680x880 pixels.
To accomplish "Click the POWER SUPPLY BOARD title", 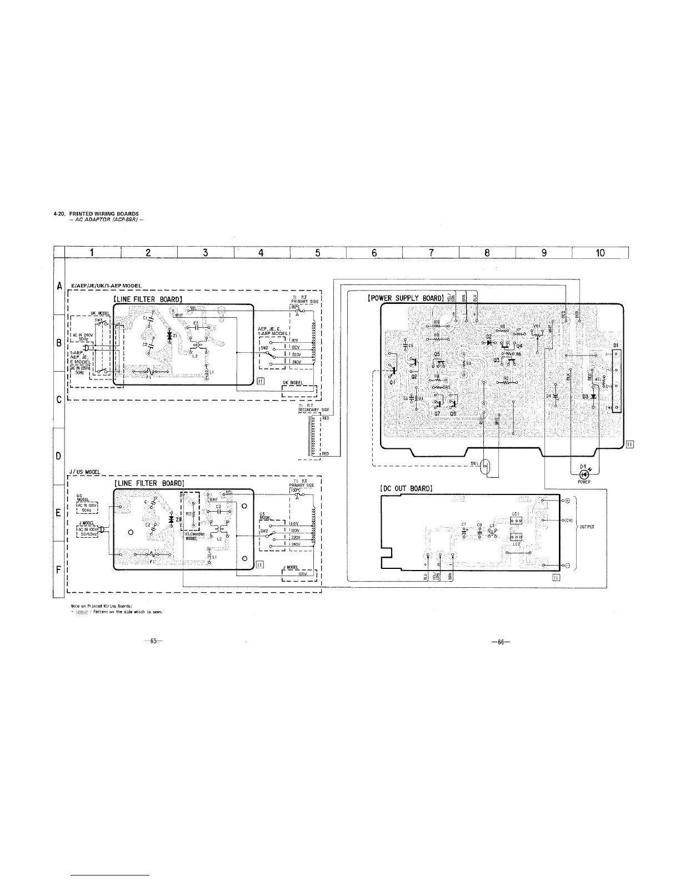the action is click(405, 298).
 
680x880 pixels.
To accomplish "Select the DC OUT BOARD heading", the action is click(405, 488).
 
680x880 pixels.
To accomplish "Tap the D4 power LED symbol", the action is click(583, 474).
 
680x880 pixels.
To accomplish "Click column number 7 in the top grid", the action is click(431, 253).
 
